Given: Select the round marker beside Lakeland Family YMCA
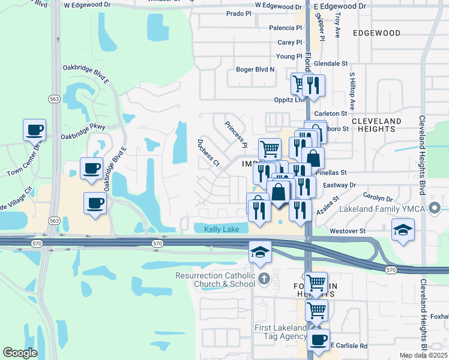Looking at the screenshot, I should [x=436, y=209].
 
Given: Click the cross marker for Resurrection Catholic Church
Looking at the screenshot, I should [x=264, y=278].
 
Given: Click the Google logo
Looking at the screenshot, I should [x=20, y=353].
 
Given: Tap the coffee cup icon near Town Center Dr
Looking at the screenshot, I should [x=34, y=129].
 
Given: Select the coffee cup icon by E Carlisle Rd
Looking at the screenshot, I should [x=319, y=340].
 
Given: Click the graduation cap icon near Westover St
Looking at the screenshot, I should [x=403, y=229].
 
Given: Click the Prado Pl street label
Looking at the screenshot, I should [x=239, y=13].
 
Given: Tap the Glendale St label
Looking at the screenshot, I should [x=330, y=63].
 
